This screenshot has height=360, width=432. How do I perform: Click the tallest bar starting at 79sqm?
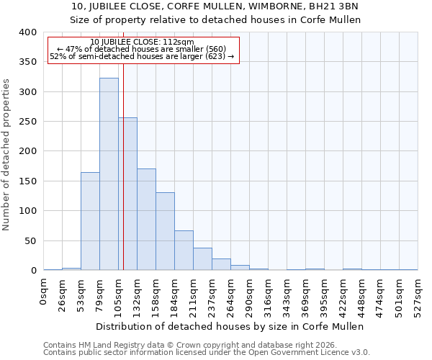[109, 174]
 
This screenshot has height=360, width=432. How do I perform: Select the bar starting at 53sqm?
[90, 221]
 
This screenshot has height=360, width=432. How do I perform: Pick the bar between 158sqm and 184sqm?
[165, 231]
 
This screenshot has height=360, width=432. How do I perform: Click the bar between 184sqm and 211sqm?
[184, 251]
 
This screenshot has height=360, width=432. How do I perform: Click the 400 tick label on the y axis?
[27, 32]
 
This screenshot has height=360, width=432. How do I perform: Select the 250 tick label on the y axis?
[27, 122]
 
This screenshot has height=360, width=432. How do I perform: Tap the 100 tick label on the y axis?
[27, 211]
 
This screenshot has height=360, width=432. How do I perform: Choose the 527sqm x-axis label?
[418, 294]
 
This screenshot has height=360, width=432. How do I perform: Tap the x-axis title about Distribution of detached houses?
[230, 326]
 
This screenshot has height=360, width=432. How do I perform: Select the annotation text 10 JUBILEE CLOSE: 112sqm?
[143, 42]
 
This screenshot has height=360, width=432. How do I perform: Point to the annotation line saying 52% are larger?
[143, 56]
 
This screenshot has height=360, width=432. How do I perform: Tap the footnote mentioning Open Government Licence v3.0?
[206, 353]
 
